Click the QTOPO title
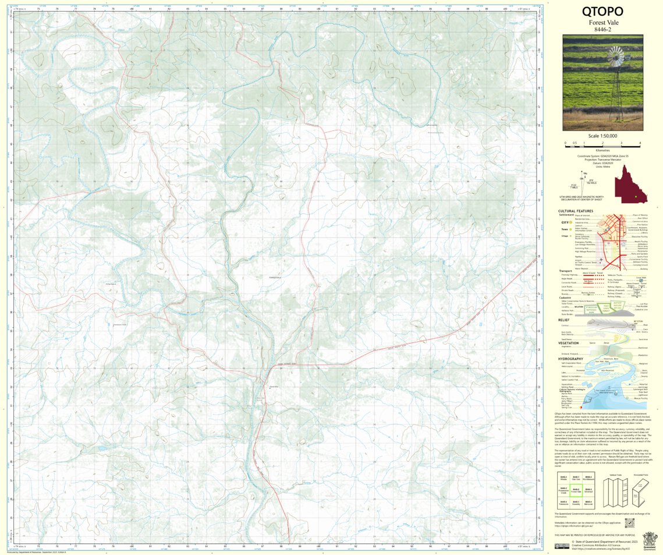tap(602, 12)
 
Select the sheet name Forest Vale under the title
tap(602, 23)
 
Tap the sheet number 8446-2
tap(602, 30)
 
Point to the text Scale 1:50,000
tap(602, 136)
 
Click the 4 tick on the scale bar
tap(640, 143)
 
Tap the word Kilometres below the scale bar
tap(602, 150)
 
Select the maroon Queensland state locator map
tap(630, 186)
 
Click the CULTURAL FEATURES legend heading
tap(576, 211)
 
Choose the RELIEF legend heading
tap(563, 320)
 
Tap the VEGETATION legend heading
tap(569, 342)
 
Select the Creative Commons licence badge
tap(562, 546)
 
